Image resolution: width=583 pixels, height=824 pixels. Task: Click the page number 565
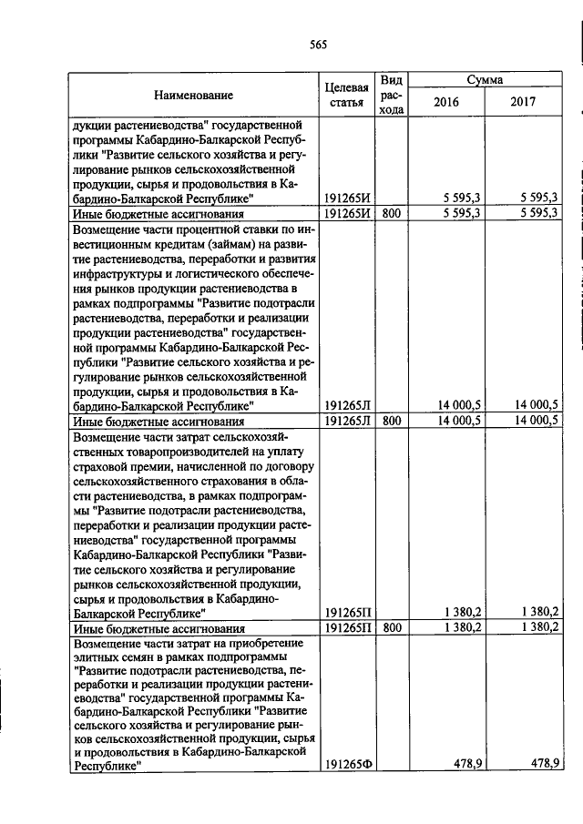[x=317, y=44]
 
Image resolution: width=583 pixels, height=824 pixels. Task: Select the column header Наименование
[x=192, y=95]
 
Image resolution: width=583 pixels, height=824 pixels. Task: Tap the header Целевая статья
[x=346, y=95]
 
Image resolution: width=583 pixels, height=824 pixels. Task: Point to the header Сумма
[x=486, y=80]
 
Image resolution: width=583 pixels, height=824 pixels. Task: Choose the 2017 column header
[x=523, y=102]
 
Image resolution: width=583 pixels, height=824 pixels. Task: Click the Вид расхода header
[x=392, y=95]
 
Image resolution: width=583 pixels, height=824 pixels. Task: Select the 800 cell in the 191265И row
[x=392, y=212]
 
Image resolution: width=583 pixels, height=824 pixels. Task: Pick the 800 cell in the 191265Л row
[x=392, y=422]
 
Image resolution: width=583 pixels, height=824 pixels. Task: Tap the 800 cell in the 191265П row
[x=392, y=628]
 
